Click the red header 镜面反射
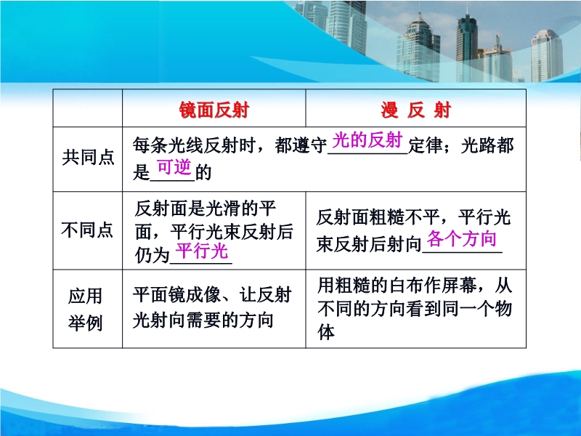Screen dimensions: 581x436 click(x=214, y=110)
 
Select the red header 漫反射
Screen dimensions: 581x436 click(x=415, y=110)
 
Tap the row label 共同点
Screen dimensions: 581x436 click(x=88, y=157)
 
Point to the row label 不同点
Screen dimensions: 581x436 click(x=87, y=230)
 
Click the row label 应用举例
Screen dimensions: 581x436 click(x=85, y=310)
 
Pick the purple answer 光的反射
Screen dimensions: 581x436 click(x=367, y=140)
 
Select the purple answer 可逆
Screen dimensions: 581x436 click(x=174, y=167)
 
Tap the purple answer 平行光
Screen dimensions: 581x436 click(x=202, y=251)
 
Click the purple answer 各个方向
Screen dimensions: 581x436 click(x=462, y=238)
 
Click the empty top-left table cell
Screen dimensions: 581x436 click(x=87, y=108)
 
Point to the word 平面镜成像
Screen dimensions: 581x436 click(x=176, y=295)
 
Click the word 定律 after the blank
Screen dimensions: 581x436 click(x=426, y=145)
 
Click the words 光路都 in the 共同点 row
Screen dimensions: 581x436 click(x=487, y=145)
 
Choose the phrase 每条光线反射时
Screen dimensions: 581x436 click(x=195, y=145)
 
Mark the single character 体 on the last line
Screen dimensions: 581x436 click(x=326, y=332)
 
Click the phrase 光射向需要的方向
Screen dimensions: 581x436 click(x=203, y=320)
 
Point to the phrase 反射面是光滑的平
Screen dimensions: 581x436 click(x=206, y=209)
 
